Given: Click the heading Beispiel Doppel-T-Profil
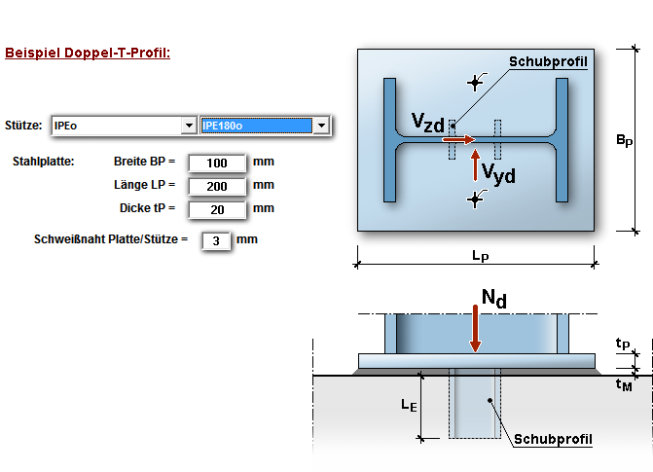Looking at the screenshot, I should click(88, 53).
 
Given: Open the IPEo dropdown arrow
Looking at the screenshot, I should click(188, 126).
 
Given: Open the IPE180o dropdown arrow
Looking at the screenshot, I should click(321, 126).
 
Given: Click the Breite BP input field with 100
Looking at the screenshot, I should click(217, 163).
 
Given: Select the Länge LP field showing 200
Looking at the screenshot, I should click(217, 185).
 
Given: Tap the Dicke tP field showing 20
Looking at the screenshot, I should click(217, 208).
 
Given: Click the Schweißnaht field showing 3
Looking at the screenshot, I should click(216, 239).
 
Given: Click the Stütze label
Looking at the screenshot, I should click(23, 126).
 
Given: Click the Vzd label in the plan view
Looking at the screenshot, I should click(427, 122).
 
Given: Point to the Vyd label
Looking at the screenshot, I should click(498, 174).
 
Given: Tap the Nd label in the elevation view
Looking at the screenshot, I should click(494, 299).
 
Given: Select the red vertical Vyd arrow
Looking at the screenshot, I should click(475, 166).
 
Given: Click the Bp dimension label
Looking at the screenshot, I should click(624, 141).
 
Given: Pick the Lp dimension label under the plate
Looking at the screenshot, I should click(480, 256).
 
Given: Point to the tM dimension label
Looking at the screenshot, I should click(624, 384).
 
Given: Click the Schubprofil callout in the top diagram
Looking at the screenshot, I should click(550, 61).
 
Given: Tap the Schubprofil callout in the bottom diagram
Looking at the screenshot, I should click(553, 439).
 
